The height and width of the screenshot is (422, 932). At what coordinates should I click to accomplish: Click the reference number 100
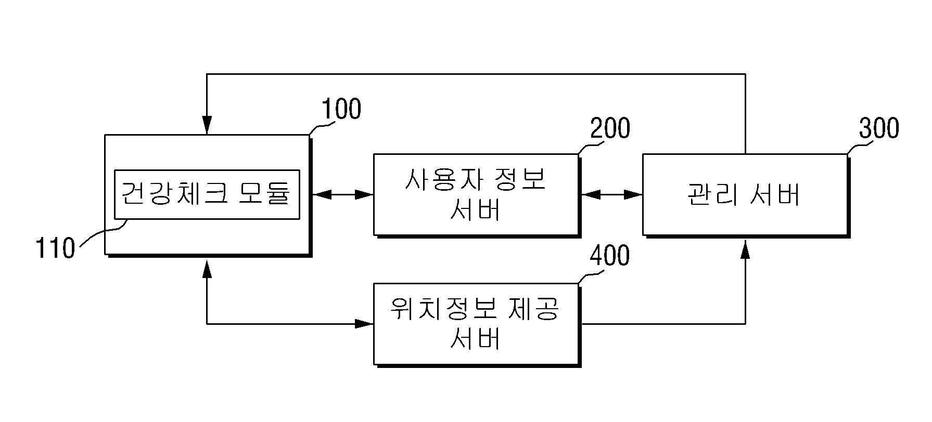pos(341,109)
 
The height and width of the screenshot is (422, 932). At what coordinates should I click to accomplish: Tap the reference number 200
pos(610,128)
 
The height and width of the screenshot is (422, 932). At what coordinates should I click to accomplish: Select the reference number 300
pos(879,128)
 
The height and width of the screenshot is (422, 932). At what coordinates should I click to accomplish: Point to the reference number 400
pos(610,256)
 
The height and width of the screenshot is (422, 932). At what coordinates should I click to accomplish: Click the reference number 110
pos(55,248)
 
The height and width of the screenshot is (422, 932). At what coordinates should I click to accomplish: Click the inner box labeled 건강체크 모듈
pos(207,194)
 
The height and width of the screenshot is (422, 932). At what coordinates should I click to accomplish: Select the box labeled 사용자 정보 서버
pos(476,194)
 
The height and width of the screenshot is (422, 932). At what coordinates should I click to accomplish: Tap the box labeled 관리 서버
pos(745,194)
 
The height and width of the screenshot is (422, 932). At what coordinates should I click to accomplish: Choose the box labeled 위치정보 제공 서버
pos(476,324)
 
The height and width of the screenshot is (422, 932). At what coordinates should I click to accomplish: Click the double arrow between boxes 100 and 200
pos(342,195)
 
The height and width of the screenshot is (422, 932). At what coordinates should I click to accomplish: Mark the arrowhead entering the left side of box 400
pos(364,324)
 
